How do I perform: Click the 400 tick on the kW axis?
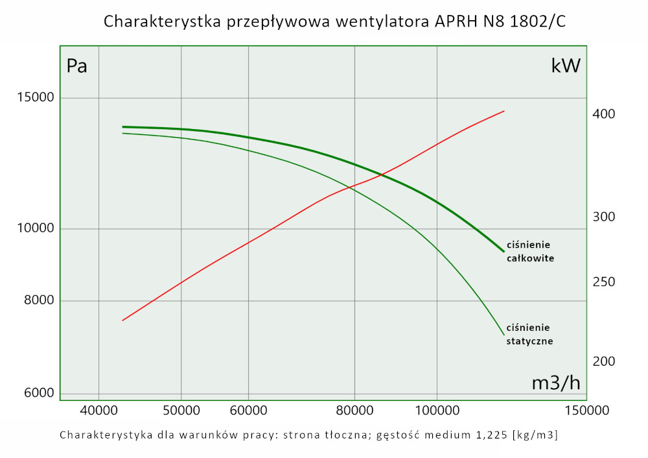[x=603, y=114]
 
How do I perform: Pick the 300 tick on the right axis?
[x=603, y=217]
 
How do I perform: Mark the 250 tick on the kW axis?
[x=603, y=282]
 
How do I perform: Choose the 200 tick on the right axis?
[x=603, y=361]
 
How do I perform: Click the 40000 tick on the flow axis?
[x=98, y=410]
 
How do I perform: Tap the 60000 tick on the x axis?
[x=249, y=410]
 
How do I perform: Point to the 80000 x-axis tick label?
[x=354, y=410]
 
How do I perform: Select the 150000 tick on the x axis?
[x=586, y=410]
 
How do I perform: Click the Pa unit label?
[x=77, y=66]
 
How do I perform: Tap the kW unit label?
[x=566, y=66]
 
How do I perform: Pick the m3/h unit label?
[x=556, y=383]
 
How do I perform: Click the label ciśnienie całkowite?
[x=529, y=251]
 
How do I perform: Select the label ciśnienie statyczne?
[x=529, y=334]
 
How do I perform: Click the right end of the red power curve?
[x=504, y=111]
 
